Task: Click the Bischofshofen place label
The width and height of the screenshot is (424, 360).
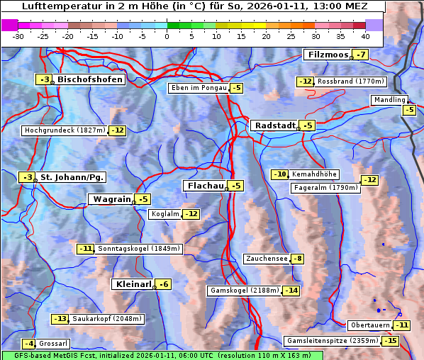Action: click(90, 80)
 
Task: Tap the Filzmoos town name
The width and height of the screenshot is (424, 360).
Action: click(327, 55)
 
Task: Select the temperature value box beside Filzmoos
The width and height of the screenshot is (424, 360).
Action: click(362, 55)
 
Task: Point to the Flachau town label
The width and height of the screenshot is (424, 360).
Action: click(205, 186)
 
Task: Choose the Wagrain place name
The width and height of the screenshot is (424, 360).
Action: click(111, 200)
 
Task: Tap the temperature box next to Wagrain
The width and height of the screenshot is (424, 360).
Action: click(143, 200)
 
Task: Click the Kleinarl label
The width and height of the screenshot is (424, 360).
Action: click(133, 284)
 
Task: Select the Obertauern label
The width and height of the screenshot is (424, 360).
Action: click(370, 325)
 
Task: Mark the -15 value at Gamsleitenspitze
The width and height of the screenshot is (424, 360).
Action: click(391, 341)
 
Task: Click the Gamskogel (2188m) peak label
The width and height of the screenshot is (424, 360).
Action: click(244, 291)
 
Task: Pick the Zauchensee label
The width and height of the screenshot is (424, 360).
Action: click(267, 259)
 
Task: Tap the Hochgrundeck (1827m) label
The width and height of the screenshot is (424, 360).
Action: click(64, 130)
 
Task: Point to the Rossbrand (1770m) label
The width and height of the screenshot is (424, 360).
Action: click(350, 81)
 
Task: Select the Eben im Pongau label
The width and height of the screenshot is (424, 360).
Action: click(198, 88)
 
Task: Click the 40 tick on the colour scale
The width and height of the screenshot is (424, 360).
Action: click(365, 35)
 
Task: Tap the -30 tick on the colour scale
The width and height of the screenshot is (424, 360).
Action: click(18, 35)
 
